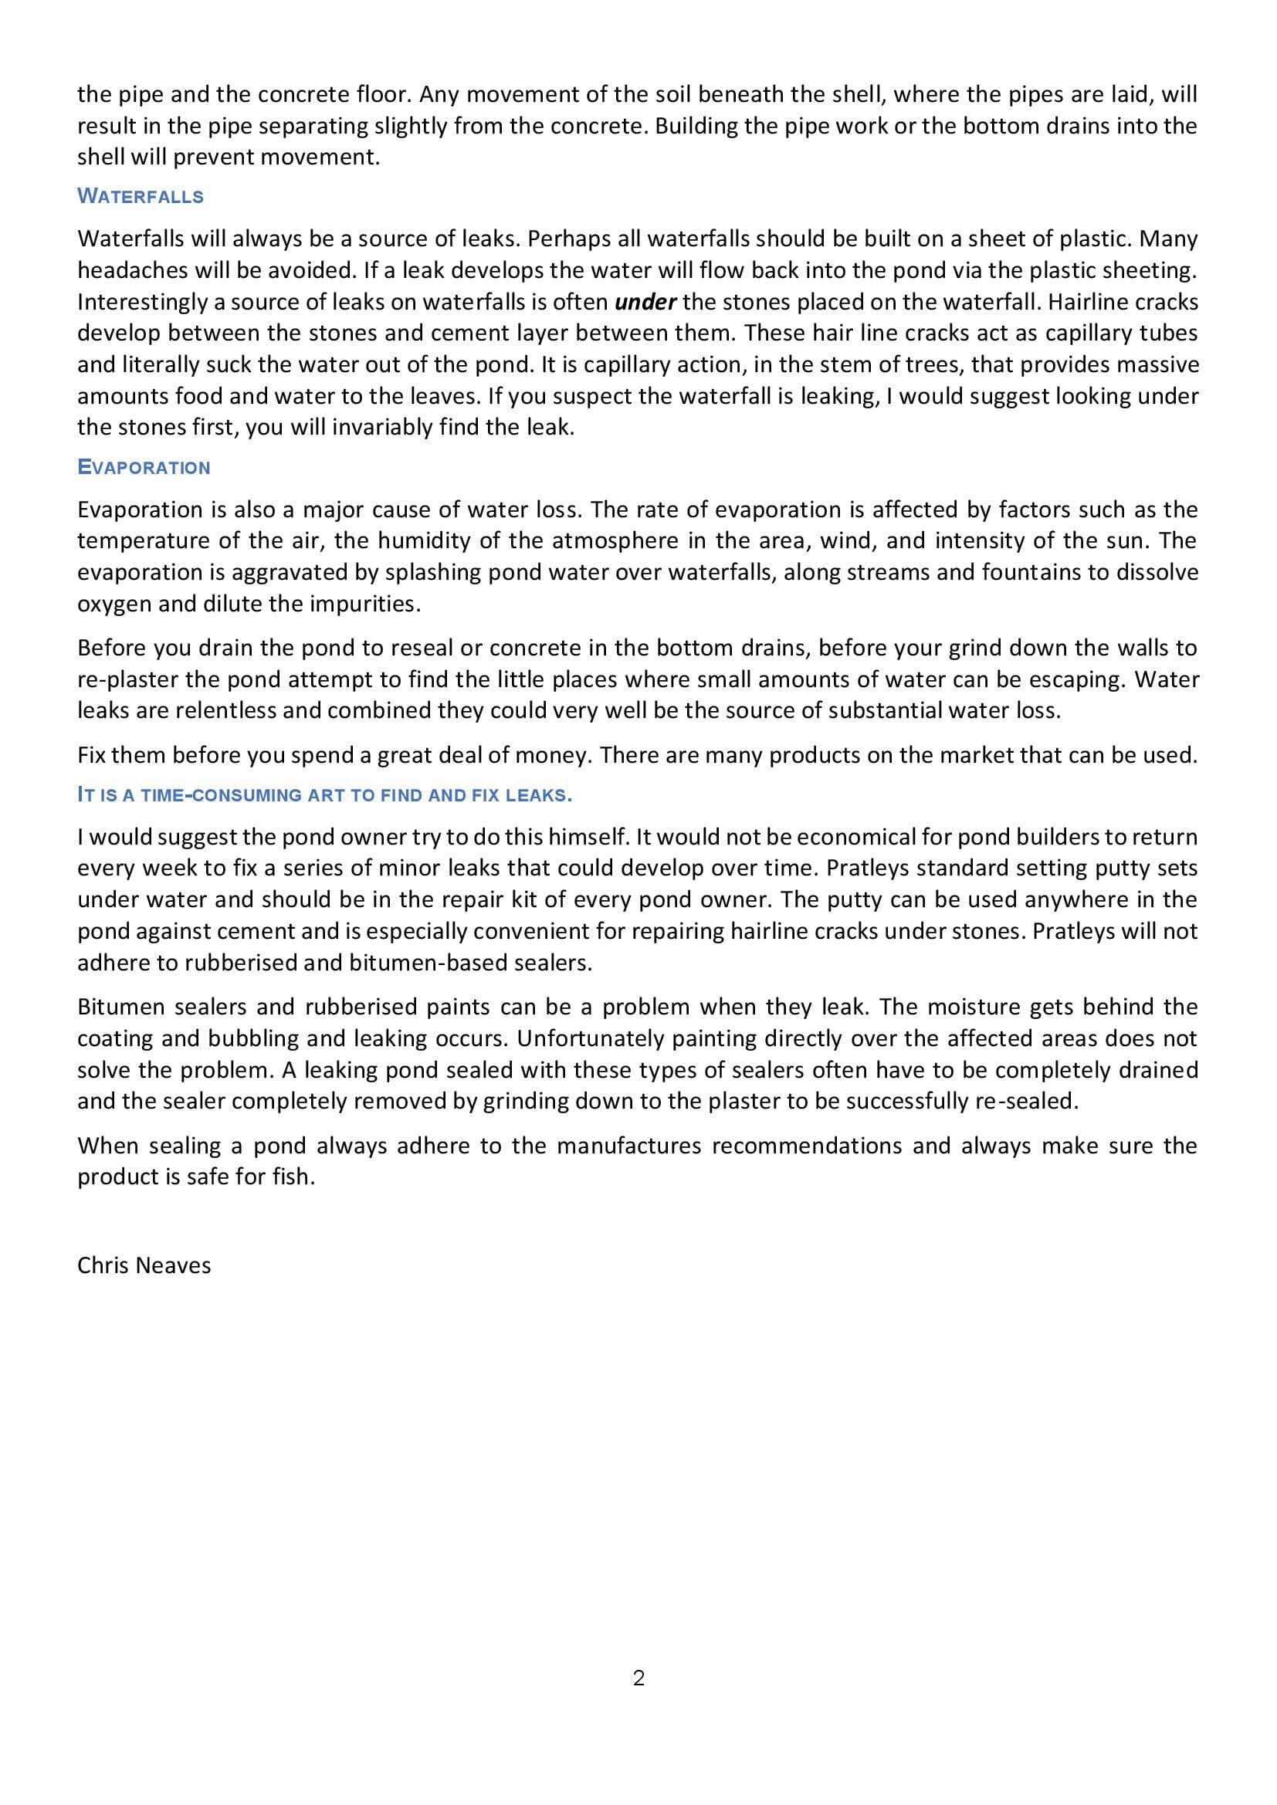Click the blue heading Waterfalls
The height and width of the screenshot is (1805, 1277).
click(141, 197)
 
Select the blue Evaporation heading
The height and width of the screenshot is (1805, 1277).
click(144, 468)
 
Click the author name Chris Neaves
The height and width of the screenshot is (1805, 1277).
click(144, 1265)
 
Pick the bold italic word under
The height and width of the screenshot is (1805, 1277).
click(645, 302)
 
